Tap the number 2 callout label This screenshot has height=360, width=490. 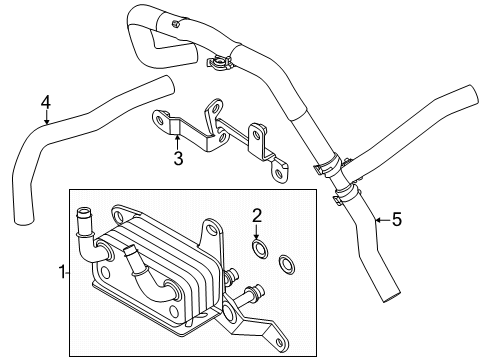tap(257, 214)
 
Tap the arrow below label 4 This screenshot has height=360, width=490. tap(45, 120)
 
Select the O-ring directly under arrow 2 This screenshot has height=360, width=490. tap(258, 246)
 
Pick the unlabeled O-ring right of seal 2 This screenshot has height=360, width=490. tap(285, 264)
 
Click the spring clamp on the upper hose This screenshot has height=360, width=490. tap(218, 65)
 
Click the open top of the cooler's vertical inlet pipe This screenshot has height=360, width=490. tap(82, 210)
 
